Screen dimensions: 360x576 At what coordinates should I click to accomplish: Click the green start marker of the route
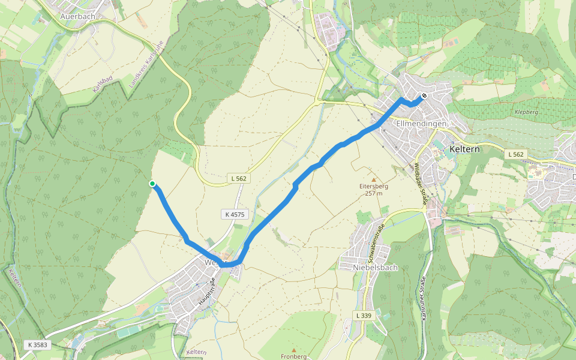152,184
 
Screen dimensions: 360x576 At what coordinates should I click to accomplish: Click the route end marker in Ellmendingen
424,95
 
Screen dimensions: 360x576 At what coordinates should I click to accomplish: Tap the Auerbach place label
77,17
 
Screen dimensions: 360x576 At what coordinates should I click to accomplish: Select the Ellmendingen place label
422,124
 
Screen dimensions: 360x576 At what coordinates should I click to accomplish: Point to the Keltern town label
464,149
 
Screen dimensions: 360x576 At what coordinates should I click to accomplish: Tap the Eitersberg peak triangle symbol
374,179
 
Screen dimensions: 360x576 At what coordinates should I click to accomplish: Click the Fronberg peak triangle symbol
293,349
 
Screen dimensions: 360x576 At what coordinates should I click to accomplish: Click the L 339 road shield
364,316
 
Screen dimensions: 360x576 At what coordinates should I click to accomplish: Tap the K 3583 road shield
37,345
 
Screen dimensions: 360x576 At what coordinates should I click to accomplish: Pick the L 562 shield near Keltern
517,154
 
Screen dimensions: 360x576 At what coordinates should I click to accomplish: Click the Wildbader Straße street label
420,186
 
